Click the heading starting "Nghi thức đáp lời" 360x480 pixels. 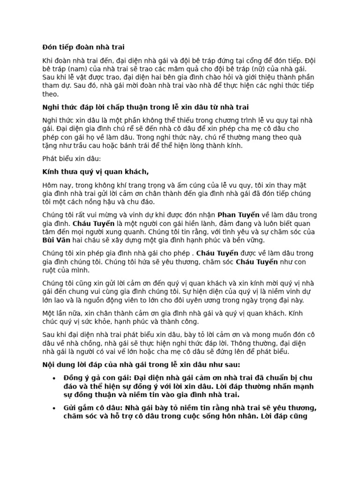(x=145, y=107)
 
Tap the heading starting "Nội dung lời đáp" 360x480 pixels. (x=142, y=364)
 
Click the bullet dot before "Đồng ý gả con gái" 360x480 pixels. (x=54, y=378)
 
